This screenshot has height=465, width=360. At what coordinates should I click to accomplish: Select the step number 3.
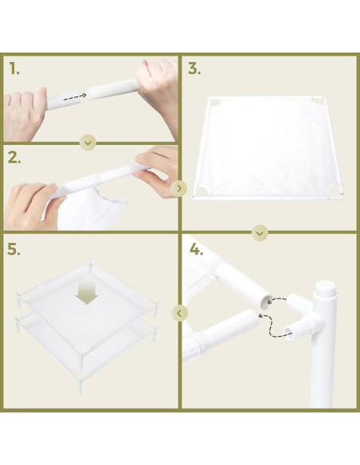[x=194, y=68]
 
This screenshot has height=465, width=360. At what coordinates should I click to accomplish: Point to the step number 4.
[x=195, y=248]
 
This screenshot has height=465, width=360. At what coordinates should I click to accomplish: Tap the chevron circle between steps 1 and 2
[x=88, y=143]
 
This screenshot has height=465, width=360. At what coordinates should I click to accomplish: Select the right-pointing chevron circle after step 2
[x=179, y=189]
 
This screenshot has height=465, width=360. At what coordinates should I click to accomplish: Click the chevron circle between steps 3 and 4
[x=260, y=232]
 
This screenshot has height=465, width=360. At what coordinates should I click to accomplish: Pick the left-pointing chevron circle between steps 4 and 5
[x=179, y=313]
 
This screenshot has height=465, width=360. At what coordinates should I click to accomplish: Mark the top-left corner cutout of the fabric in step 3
[x=213, y=103]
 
